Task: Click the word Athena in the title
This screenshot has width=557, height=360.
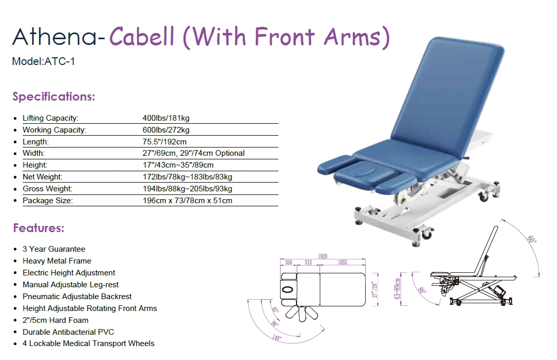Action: click(54, 37)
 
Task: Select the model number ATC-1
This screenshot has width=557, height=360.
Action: click(59, 61)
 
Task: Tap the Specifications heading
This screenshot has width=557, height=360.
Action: click(54, 96)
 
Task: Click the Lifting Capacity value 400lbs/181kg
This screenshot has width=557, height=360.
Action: click(166, 118)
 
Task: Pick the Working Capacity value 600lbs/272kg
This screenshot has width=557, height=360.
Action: click(166, 130)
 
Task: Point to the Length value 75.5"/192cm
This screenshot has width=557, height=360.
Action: click(165, 142)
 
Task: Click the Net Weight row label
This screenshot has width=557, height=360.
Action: click(43, 177)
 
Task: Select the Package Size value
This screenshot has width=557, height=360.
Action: click(188, 201)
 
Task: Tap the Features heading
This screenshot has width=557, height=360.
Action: click(39, 228)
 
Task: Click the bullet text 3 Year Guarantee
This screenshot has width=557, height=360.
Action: click(54, 249)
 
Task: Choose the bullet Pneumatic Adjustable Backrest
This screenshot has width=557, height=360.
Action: click(77, 297)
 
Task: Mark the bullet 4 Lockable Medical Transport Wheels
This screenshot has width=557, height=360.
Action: click(89, 343)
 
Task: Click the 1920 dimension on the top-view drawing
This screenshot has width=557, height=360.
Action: click(322, 256)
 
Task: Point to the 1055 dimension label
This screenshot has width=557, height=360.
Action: click(342, 263)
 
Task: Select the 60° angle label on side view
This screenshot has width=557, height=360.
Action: click(532, 239)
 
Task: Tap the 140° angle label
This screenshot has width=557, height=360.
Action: click(277, 338)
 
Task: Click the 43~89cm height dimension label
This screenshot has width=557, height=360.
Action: click(398, 289)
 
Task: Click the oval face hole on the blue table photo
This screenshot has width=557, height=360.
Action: click(362, 171)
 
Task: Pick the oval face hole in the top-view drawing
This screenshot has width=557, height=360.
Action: click(287, 290)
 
